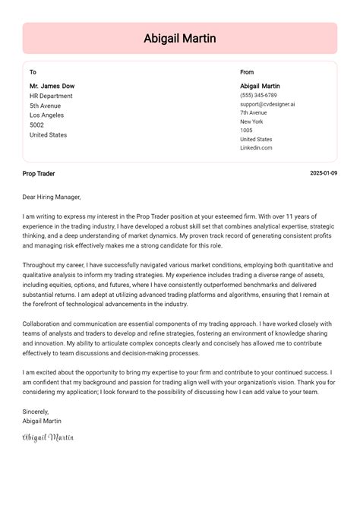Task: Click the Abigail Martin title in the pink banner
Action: (x=180, y=38)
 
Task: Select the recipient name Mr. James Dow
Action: (x=52, y=86)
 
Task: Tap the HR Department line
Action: (x=51, y=96)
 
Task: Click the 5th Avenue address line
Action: (x=46, y=106)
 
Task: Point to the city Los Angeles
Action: (x=48, y=115)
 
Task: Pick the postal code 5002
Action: (x=36, y=125)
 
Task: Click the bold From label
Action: (x=247, y=72)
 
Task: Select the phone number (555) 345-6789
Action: (x=258, y=96)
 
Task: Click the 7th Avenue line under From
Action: (x=254, y=113)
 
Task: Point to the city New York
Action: (x=251, y=122)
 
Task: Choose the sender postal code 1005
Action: (x=246, y=131)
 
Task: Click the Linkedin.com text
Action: (x=256, y=148)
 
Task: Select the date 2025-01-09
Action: (x=324, y=174)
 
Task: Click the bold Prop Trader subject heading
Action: (x=39, y=174)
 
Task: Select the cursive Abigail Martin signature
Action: (x=48, y=437)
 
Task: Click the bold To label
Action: (x=33, y=72)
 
